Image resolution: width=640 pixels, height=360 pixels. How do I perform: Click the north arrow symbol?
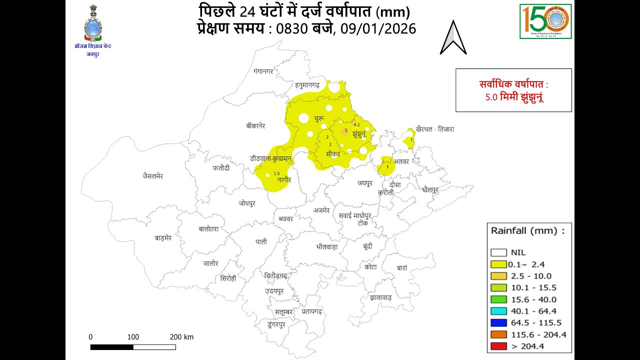453,38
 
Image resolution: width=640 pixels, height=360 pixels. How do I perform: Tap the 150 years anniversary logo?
545,21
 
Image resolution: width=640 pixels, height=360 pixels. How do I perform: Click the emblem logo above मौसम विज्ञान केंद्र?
92,23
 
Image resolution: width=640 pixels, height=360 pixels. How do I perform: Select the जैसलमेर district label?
152,176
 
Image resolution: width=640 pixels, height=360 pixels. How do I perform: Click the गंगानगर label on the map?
263,71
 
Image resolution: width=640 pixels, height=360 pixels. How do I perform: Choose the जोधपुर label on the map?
247,203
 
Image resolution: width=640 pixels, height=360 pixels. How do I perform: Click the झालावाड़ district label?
381,297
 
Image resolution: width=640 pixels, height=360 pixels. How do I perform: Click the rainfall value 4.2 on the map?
357,124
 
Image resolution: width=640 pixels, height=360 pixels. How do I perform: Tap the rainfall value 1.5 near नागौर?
276,173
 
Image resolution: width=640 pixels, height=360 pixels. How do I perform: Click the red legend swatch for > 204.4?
498,346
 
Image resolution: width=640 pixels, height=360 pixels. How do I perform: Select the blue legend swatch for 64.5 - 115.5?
498,323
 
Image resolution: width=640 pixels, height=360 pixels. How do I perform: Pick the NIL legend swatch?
498,252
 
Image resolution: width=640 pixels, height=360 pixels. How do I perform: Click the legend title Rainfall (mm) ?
527,231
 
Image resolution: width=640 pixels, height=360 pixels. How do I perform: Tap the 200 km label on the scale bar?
181,337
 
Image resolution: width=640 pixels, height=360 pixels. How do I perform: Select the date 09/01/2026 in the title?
378,28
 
